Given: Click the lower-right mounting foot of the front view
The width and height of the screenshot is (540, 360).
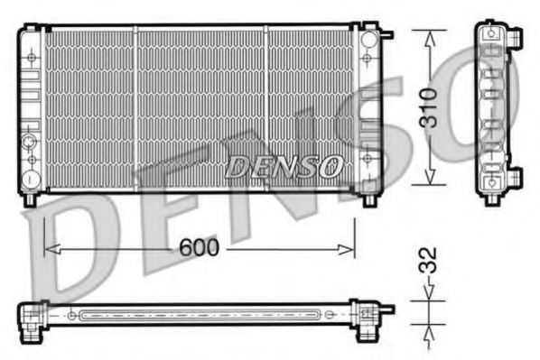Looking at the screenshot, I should click(370, 199).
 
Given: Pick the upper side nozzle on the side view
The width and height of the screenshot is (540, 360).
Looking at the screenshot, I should click(517, 37).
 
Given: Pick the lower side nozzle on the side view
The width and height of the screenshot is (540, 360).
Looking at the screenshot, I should click(516, 176).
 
